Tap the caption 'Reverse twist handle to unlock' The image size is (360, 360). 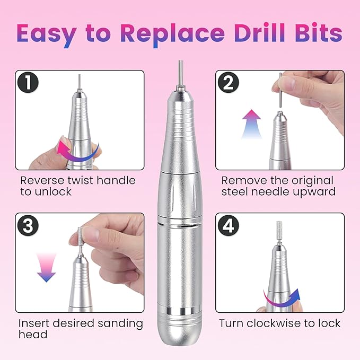coord(78,186)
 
